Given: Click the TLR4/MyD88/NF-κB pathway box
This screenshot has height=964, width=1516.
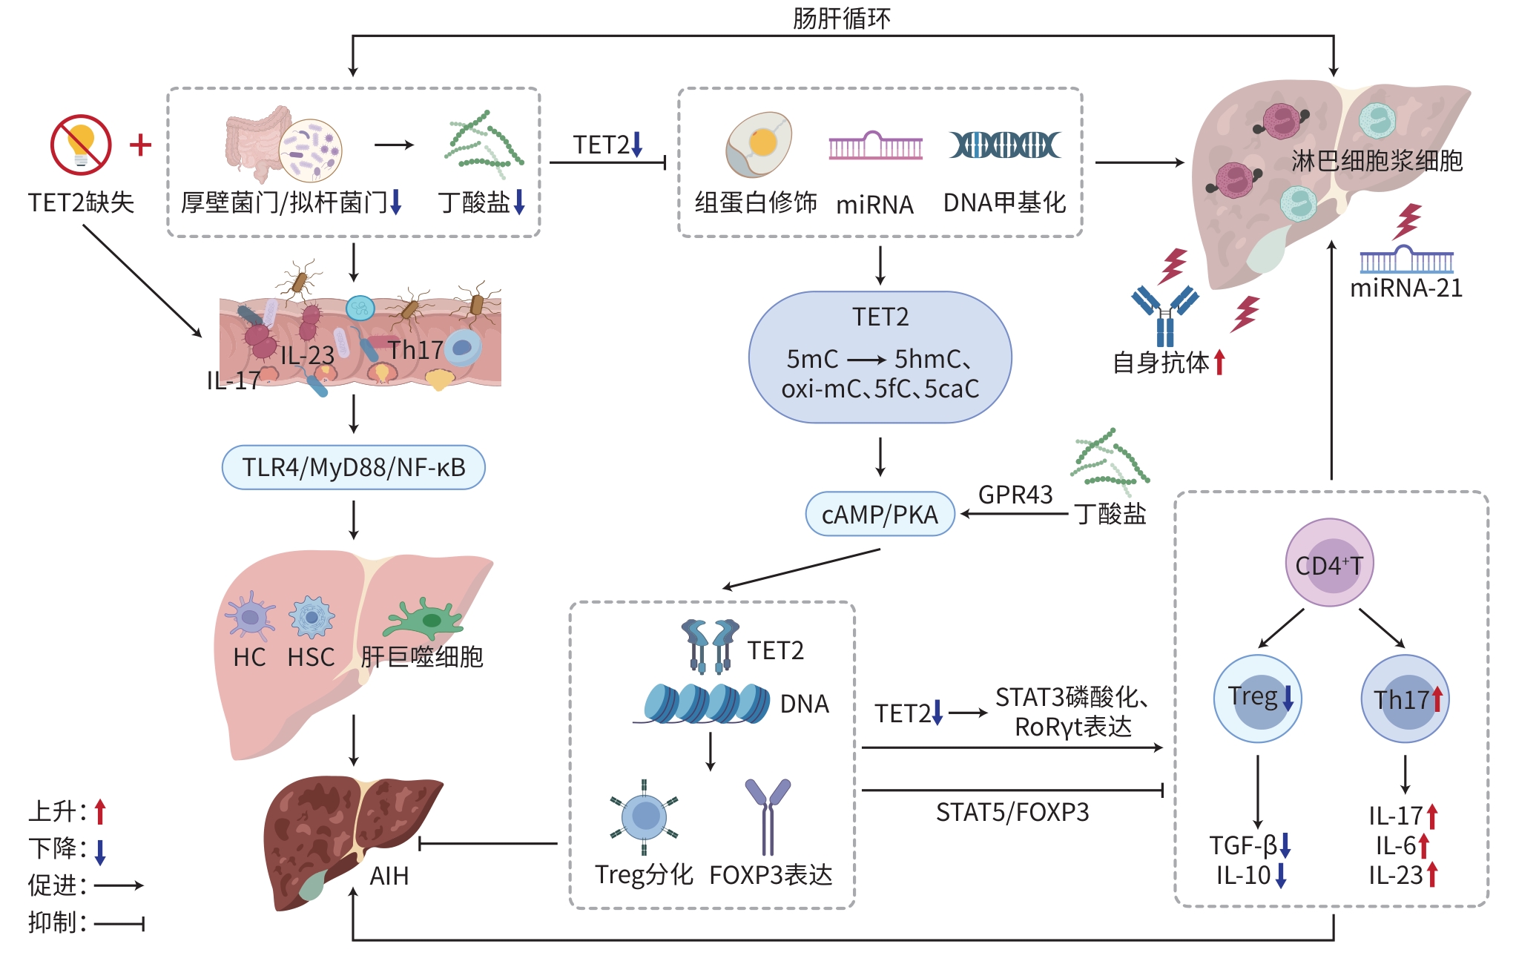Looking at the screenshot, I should click(353, 468).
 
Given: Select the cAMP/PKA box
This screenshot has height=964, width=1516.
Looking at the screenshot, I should click(880, 514).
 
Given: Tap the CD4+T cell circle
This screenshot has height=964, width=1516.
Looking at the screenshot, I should click(1329, 564).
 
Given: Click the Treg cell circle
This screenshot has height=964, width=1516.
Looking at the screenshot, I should click(1257, 698).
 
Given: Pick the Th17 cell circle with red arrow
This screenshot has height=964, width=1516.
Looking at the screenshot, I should click(1405, 699).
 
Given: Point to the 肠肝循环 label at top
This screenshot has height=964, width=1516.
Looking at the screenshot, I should click(841, 18).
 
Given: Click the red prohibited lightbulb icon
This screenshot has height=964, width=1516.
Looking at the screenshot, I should click(81, 145).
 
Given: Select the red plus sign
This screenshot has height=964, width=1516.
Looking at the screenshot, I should click(140, 145).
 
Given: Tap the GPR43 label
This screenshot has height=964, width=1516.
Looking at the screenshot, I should click(1015, 495).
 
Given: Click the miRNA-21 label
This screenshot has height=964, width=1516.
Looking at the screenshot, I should click(1405, 288).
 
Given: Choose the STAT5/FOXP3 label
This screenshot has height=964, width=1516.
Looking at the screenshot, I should click(1012, 813).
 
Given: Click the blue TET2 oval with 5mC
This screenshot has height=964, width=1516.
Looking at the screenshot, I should click(880, 357).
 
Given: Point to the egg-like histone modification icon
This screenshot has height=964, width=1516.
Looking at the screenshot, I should click(758, 145).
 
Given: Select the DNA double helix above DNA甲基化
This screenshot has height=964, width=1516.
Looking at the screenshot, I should click(1004, 145).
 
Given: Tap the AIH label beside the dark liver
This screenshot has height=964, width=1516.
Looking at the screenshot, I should click(389, 876).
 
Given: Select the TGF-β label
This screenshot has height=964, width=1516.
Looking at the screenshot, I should click(1243, 845).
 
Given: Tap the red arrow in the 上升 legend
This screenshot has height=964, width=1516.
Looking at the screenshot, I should click(100, 812).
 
